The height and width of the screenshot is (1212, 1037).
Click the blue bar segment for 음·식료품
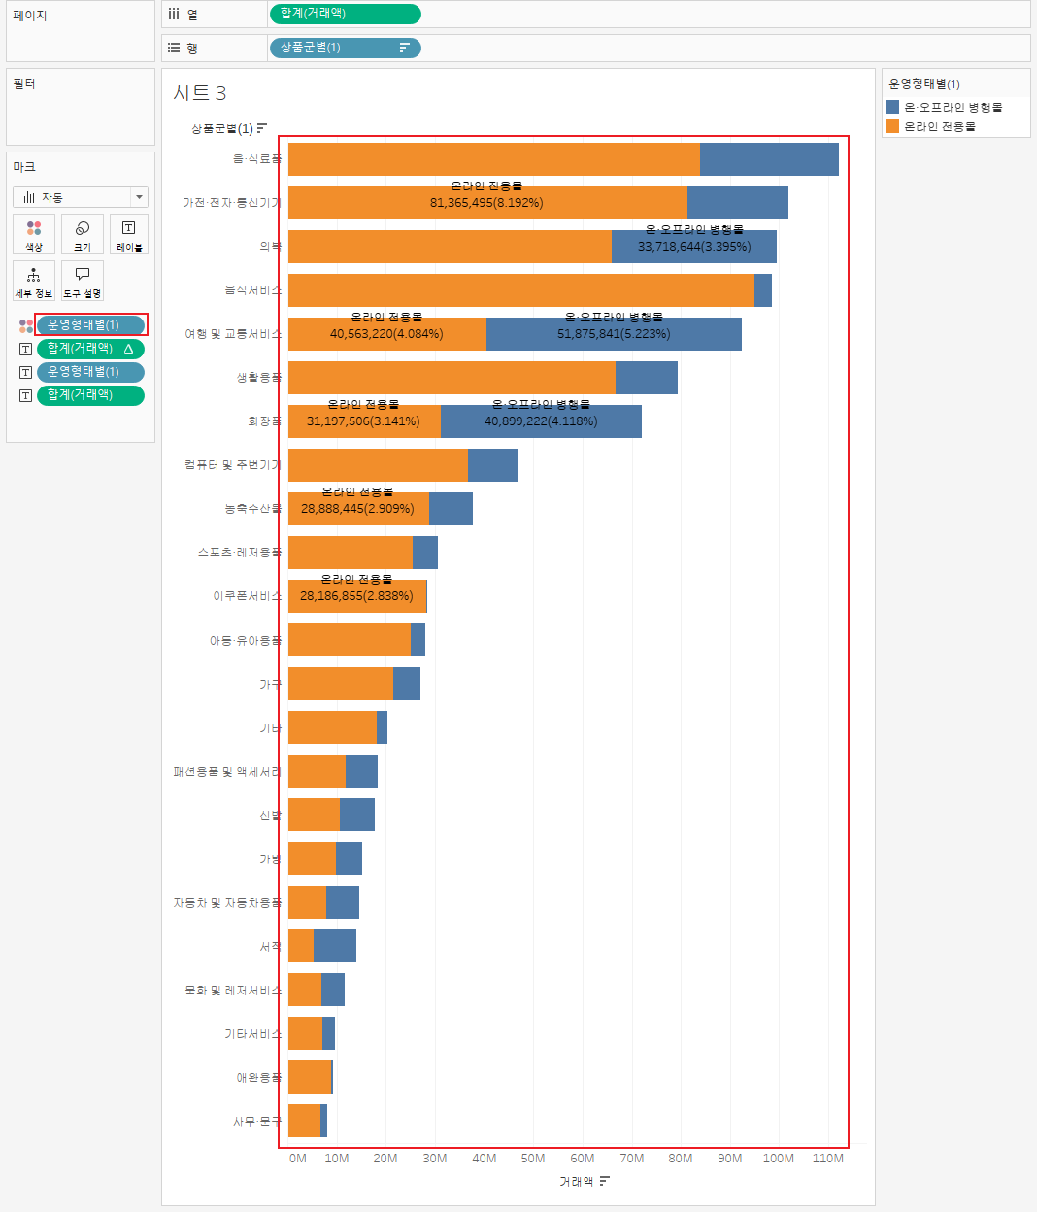pyautogui.click(x=769, y=159)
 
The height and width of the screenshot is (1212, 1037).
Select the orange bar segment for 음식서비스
pyautogui.click(x=520, y=290)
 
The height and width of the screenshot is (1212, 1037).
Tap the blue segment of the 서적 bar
pyautogui.click(x=335, y=946)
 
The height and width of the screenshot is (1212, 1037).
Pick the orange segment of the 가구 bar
pyautogui.click(x=341, y=684)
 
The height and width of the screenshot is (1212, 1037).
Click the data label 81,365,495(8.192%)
pyautogui.click(x=486, y=203)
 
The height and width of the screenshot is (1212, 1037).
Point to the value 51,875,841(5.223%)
pyautogui.click(x=614, y=334)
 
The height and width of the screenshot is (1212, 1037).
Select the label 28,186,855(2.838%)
pyautogui.click(x=356, y=596)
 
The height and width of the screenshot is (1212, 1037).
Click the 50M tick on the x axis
pyautogui.click(x=533, y=1159)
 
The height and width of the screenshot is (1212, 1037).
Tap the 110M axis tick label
pyautogui.click(x=828, y=1159)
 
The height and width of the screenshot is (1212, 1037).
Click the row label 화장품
pyautogui.click(x=264, y=421)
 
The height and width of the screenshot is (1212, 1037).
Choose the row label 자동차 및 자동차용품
pyautogui.click(x=227, y=903)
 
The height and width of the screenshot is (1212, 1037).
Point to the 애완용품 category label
pyautogui.click(x=258, y=1078)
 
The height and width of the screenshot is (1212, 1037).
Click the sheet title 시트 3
pyautogui.click(x=200, y=93)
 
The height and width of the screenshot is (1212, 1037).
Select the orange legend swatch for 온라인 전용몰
pyautogui.click(x=892, y=126)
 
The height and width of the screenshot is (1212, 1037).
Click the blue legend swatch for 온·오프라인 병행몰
pyautogui.click(x=892, y=107)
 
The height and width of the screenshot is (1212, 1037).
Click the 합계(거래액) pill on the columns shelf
pyautogui.click(x=345, y=14)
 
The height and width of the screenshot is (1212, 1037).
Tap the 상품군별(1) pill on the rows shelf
pyautogui.click(x=345, y=48)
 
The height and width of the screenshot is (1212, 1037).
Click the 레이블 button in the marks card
pyautogui.click(x=129, y=234)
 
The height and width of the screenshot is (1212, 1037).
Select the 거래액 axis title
pyautogui.click(x=576, y=1182)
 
